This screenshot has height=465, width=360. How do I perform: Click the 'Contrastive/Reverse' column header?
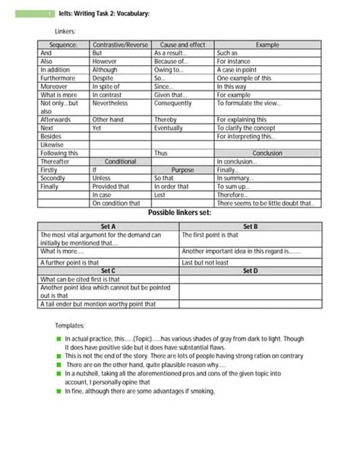click(x=120, y=45)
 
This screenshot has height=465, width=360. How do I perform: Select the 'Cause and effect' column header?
click(x=182, y=45)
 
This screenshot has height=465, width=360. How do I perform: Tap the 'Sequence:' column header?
click(x=64, y=45)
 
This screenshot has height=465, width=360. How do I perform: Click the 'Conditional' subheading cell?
click(x=120, y=161)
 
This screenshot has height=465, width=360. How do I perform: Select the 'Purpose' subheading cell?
click(x=182, y=169)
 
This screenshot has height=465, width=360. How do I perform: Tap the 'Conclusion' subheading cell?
click(x=267, y=153)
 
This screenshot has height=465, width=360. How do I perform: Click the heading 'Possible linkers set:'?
click(x=179, y=214)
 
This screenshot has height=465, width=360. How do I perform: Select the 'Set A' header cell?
click(x=108, y=226)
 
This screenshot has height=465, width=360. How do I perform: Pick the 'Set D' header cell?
click(x=251, y=270)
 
